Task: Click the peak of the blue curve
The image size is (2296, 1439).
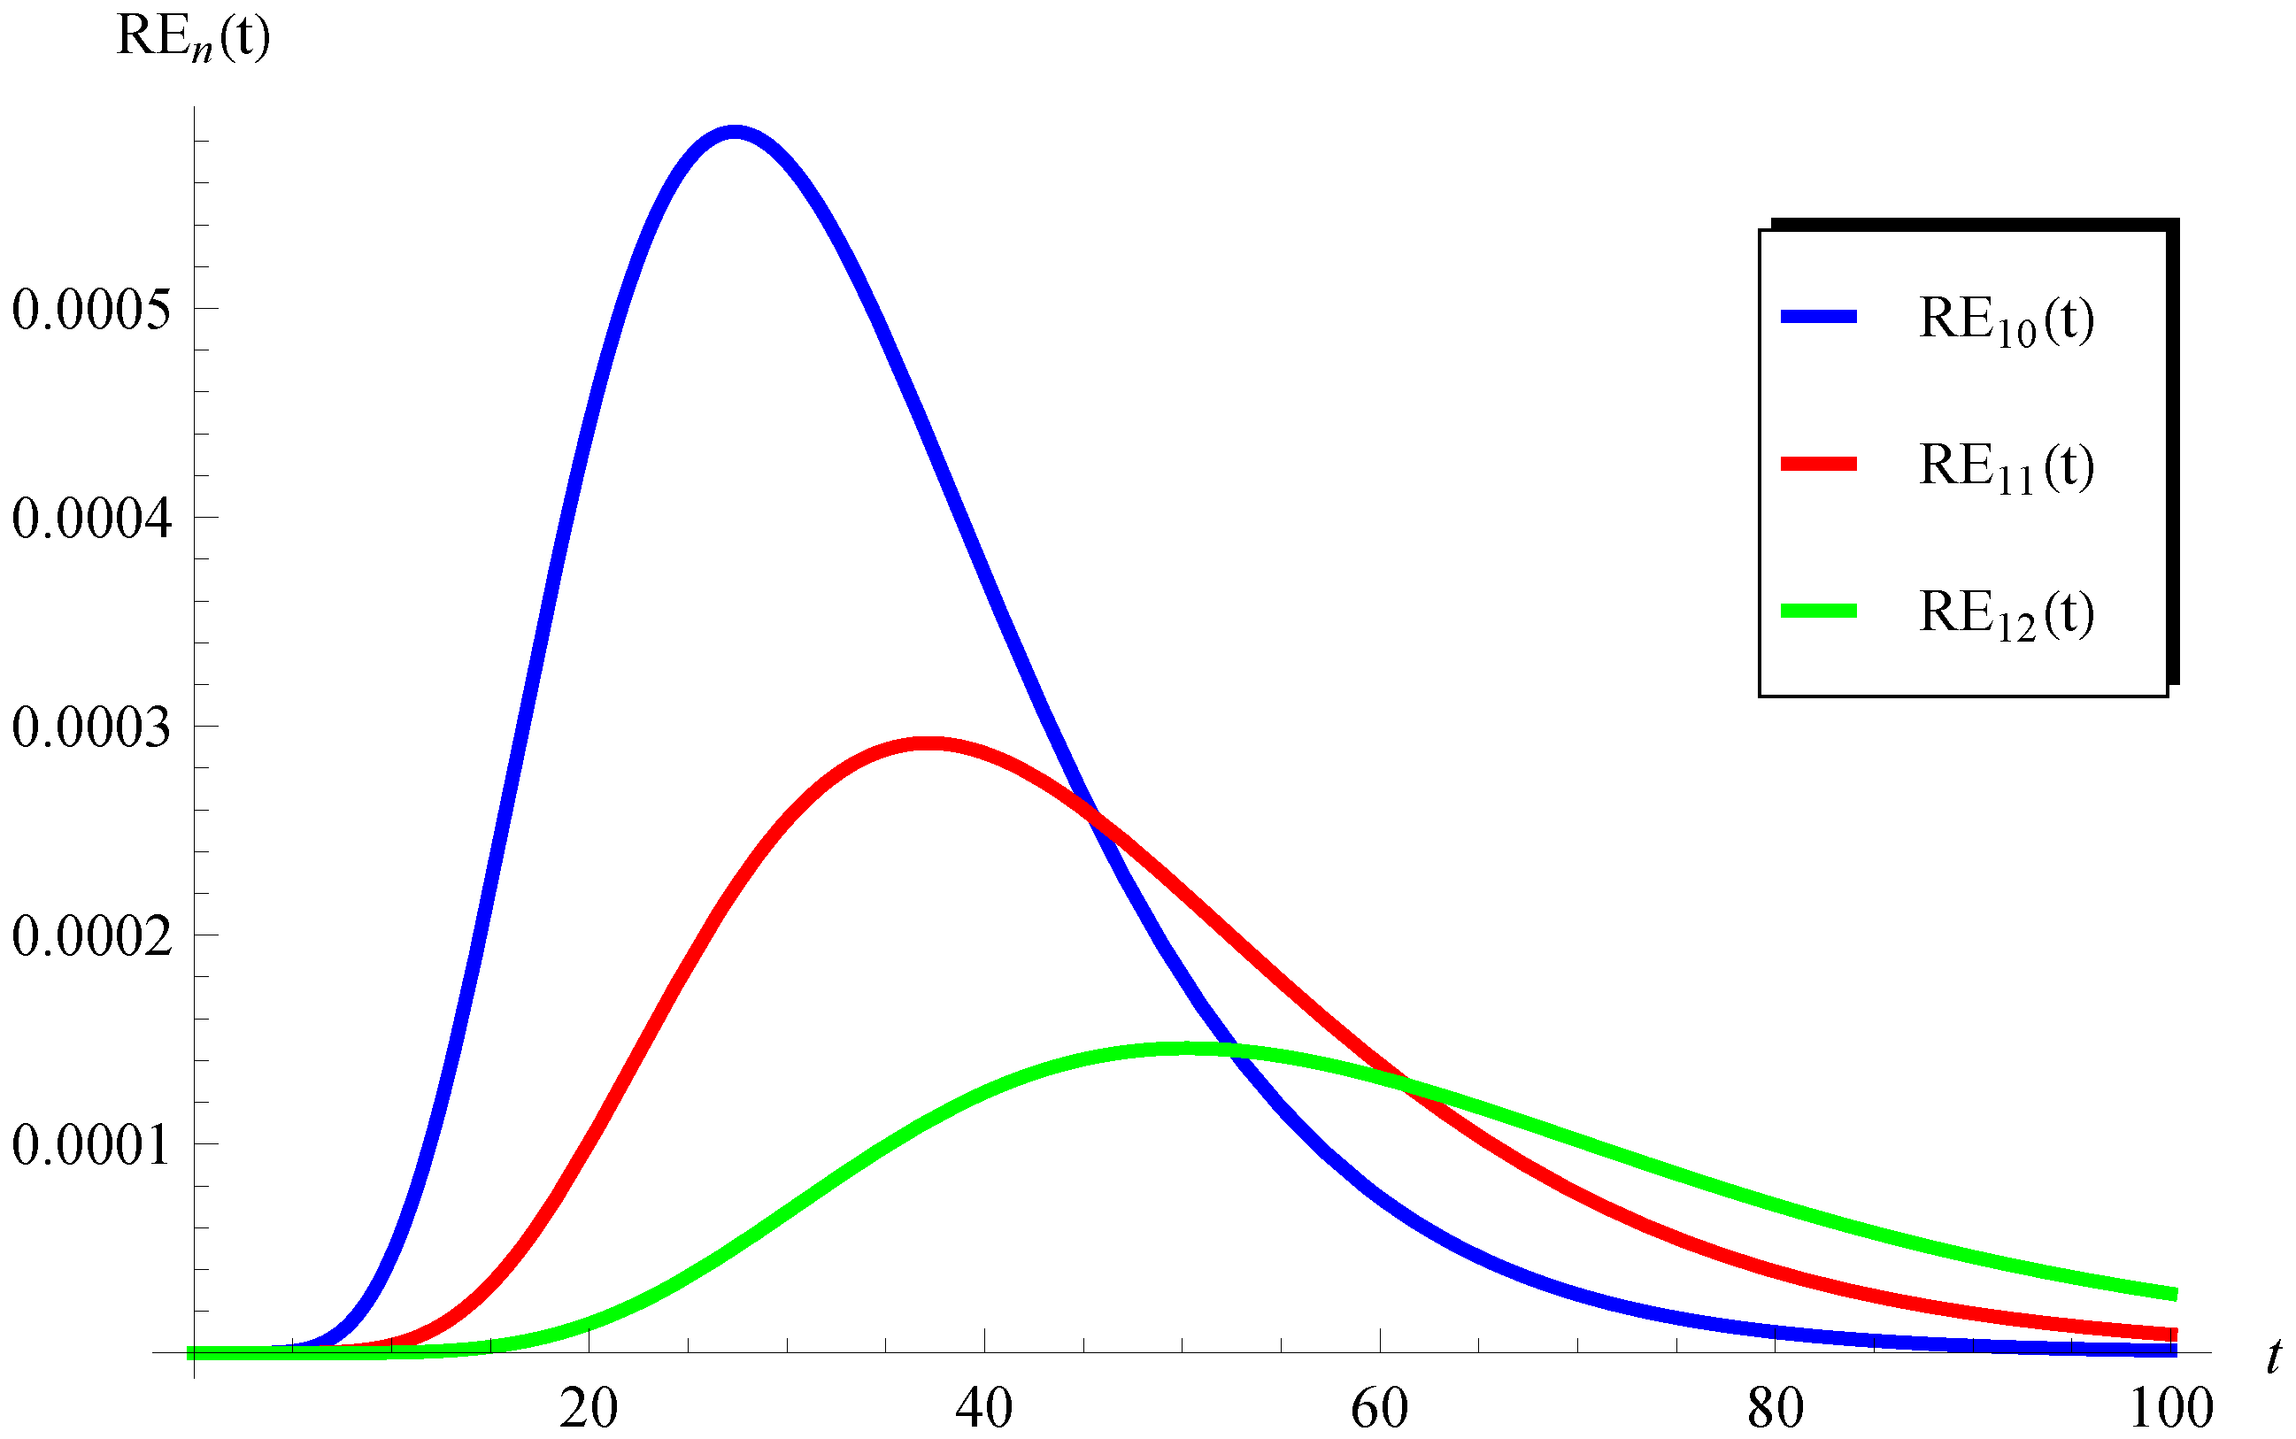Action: [734, 132]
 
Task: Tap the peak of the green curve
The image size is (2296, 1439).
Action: [1185, 1049]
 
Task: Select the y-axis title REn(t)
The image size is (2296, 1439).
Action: [193, 38]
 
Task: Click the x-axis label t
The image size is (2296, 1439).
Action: [2273, 1355]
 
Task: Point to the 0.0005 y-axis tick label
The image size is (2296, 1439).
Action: [92, 310]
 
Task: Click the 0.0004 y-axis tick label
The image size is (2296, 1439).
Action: [92, 519]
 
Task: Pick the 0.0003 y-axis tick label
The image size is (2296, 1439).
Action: [92, 727]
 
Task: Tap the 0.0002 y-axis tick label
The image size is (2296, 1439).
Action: [92, 935]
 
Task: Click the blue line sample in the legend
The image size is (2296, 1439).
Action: [1818, 317]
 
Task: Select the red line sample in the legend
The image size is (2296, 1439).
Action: [1818, 465]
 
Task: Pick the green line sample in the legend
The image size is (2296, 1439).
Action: [1818, 611]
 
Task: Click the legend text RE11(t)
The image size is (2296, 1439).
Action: [2006, 467]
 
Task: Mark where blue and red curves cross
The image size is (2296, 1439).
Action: [1095, 817]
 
